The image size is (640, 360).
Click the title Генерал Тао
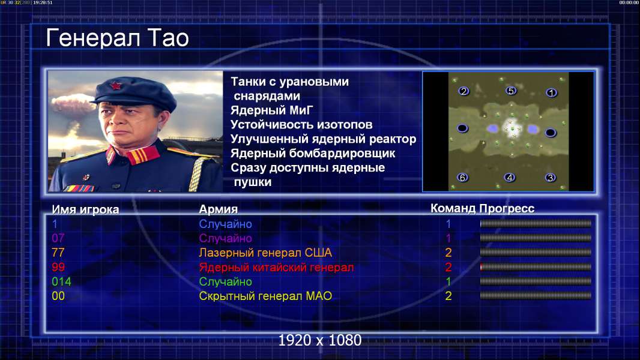(117, 38)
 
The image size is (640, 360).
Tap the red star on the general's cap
(116, 85)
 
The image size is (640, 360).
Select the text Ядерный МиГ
(272, 110)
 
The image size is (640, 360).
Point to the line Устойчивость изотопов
(301, 124)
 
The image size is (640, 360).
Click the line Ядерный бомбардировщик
(313, 153)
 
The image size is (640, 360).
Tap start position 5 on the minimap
(510, 91)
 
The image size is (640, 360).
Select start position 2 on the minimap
(463, 91)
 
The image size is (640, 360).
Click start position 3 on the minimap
(551, 178)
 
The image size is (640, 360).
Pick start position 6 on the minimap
(462, 178)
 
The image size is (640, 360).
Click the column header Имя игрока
(85, 209)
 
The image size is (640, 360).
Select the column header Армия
(219, 209)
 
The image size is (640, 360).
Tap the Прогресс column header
(507, 208)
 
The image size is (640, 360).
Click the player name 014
(61, 281)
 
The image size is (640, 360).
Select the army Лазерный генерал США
(265, 253)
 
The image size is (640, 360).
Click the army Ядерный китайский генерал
(276, 268)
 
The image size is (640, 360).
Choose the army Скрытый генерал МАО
(265, 296)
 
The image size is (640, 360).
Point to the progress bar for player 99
(536, 266)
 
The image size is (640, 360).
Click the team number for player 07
(448, 238)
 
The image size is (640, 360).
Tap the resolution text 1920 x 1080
(319, 340)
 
